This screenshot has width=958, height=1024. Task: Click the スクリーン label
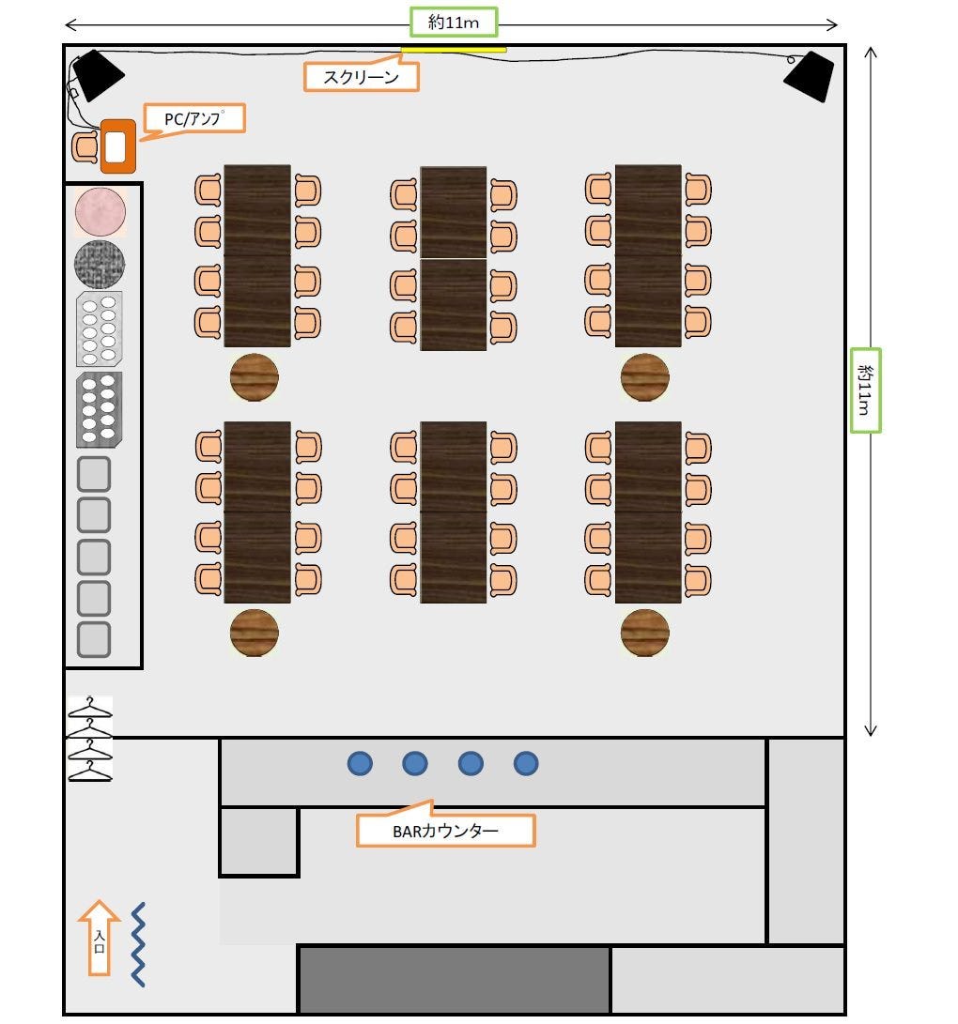pos(362,77)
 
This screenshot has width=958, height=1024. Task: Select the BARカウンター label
pos(445,830)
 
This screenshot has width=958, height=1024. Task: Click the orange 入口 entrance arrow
pos(99,938)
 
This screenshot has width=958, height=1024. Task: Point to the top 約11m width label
pos(455,23)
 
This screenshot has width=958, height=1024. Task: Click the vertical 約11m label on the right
pos(866,390)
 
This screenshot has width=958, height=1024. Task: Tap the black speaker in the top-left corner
pos(98,74)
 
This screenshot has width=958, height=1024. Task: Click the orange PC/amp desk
pos(117,146)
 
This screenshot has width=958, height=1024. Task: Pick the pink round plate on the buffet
pos(100,210)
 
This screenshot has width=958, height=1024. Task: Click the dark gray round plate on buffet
pos(100,264)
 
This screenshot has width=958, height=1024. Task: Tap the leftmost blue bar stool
pos(360,764)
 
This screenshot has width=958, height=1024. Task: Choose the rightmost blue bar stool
pos(526,764)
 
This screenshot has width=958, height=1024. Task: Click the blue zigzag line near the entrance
pos(138,944)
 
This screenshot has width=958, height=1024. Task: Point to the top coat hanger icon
pos(90,707)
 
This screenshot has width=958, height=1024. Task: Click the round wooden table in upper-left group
pos(255,376)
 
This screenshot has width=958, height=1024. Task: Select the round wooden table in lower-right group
pos(645,633)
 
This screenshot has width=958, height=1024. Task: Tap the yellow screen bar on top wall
pos(454,50)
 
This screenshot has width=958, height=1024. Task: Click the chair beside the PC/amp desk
pos(85,146)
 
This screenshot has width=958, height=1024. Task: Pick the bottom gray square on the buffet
pos(93,639)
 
